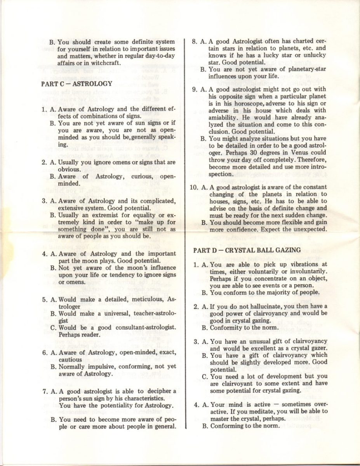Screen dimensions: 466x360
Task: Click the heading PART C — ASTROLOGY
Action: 77,83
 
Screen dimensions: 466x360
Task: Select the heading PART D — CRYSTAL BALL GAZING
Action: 247,250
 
